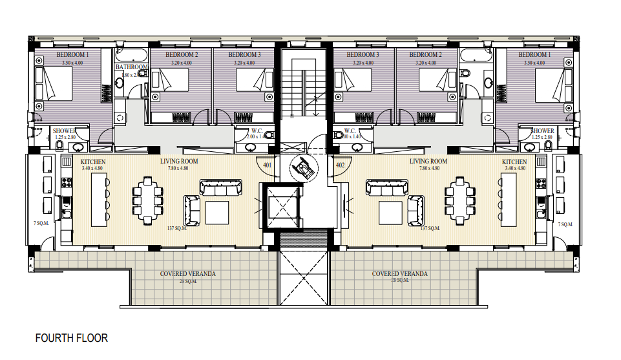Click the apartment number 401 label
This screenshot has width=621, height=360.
(267, 165)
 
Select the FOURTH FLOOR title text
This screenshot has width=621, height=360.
(72, 338)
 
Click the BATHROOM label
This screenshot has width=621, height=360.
(132, 67)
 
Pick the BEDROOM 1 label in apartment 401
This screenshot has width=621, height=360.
(72, 56)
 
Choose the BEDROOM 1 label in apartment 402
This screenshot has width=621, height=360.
(534, 56)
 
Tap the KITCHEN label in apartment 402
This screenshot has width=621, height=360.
(514, 162)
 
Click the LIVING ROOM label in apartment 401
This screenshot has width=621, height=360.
(179, 162)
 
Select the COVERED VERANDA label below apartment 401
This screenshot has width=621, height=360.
(188, 274)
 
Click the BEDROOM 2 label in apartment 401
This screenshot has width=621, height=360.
(182, 56)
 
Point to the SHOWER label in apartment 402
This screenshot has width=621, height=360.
(542, 131)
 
